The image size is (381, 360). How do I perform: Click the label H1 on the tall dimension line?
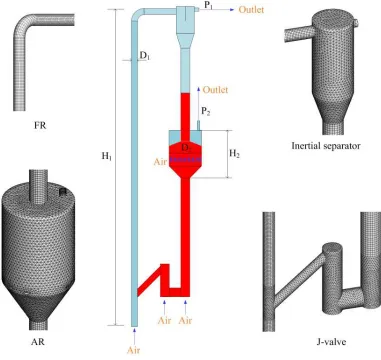click(x=106, y=156)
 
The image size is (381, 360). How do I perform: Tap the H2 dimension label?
click(x=234, y=154)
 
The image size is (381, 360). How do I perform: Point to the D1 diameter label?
click(x=145, y=56)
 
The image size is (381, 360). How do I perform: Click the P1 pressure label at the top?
click(x=209, y=5)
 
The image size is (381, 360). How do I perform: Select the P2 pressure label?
click(x=206, y=112)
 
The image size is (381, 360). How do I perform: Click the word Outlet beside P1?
click(x=251, y=9)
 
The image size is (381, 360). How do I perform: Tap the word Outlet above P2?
click(x=215, y=90)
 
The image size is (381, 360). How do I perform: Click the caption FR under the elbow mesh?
click(x=40, y=126)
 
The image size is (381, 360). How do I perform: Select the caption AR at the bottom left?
click(x=38, y=341)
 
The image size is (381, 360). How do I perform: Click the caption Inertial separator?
click(x=326, y=146)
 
